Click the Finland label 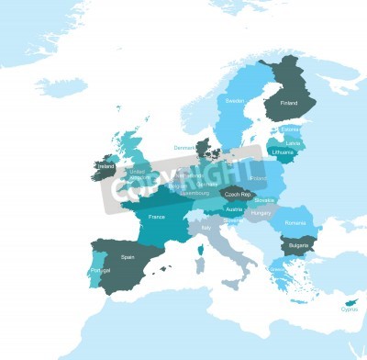289,104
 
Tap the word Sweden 235,100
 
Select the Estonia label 290,130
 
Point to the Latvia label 294,142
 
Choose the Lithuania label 283,152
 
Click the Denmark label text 184,147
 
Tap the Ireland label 106,166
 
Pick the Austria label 235,209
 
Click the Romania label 295,223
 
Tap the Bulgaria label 296,246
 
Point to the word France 157,217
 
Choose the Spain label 128,257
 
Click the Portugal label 100,272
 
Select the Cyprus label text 349,309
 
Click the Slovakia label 264,199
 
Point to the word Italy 206,227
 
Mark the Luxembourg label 195,194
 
